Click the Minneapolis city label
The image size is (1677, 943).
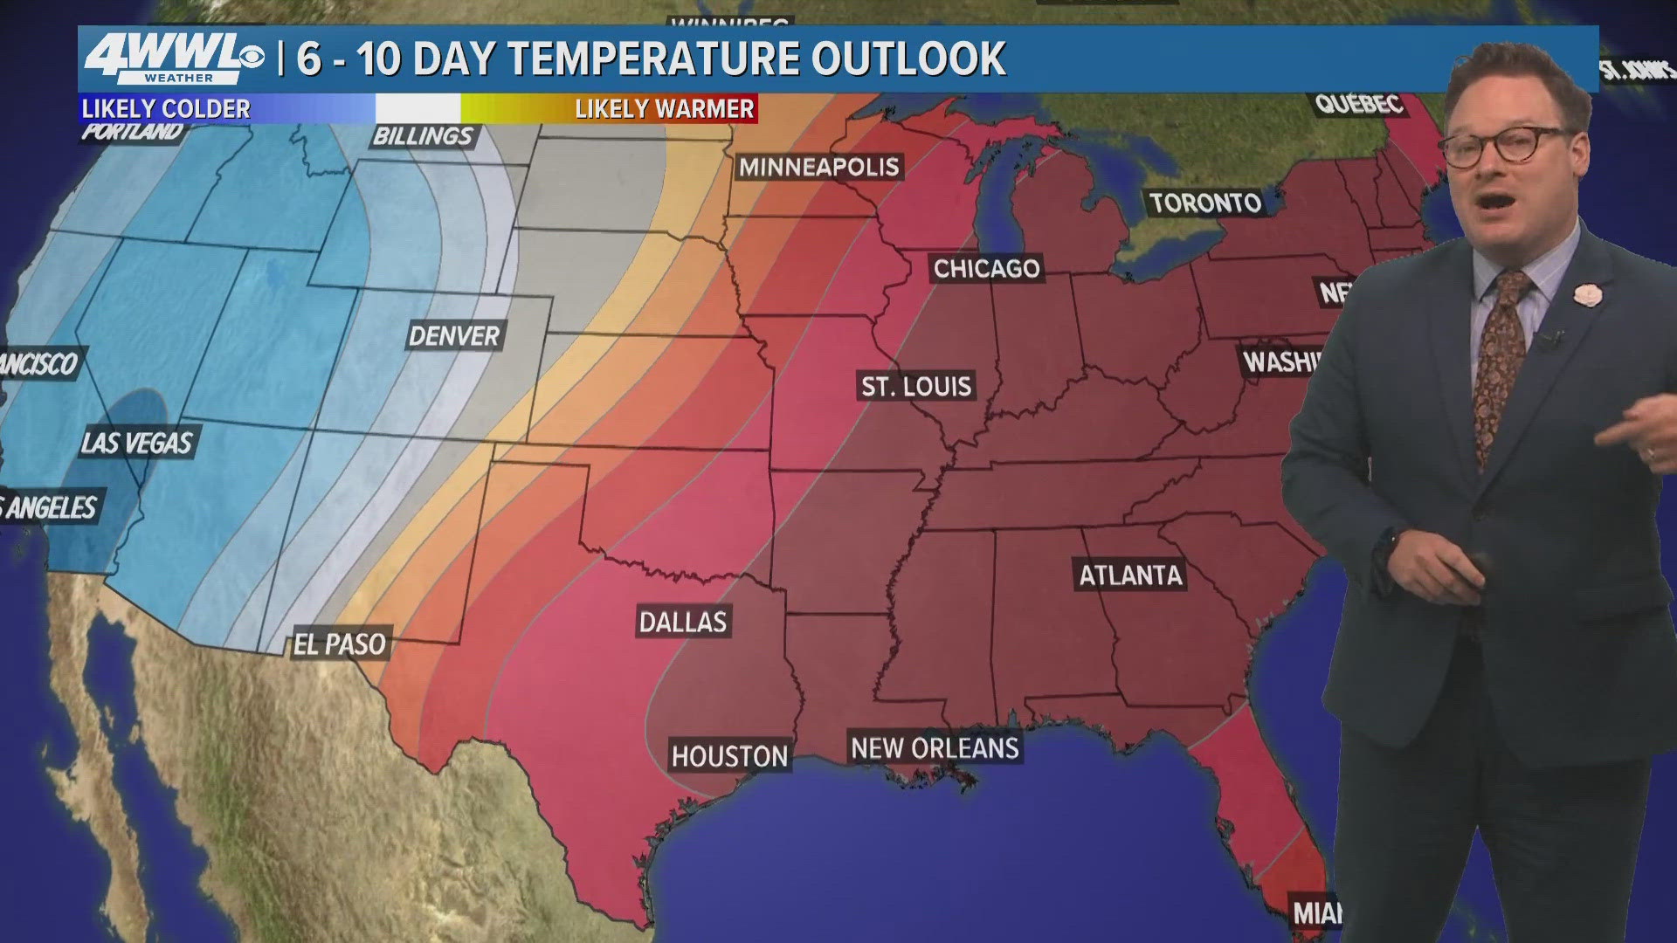coord(818,167)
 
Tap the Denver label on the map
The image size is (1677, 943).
coord(453,335)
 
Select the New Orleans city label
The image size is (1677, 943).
coord(935,748)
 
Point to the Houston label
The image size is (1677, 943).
coord(729,755)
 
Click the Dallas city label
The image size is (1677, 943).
coord(682,622)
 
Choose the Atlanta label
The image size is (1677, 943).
coord(1130,575)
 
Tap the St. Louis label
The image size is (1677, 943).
coord(915,386)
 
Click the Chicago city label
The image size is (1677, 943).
coord(986,268)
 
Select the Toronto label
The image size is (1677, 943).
coord(1205,203)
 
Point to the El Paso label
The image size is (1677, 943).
coord(340,644)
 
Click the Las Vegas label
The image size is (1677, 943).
coord(136,443)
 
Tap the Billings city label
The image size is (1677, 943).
coord(423,135)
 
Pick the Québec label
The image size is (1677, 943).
coord(1359,104)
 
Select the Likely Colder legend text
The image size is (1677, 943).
coord(166,109)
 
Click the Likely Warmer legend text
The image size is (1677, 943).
coord(664,109)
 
